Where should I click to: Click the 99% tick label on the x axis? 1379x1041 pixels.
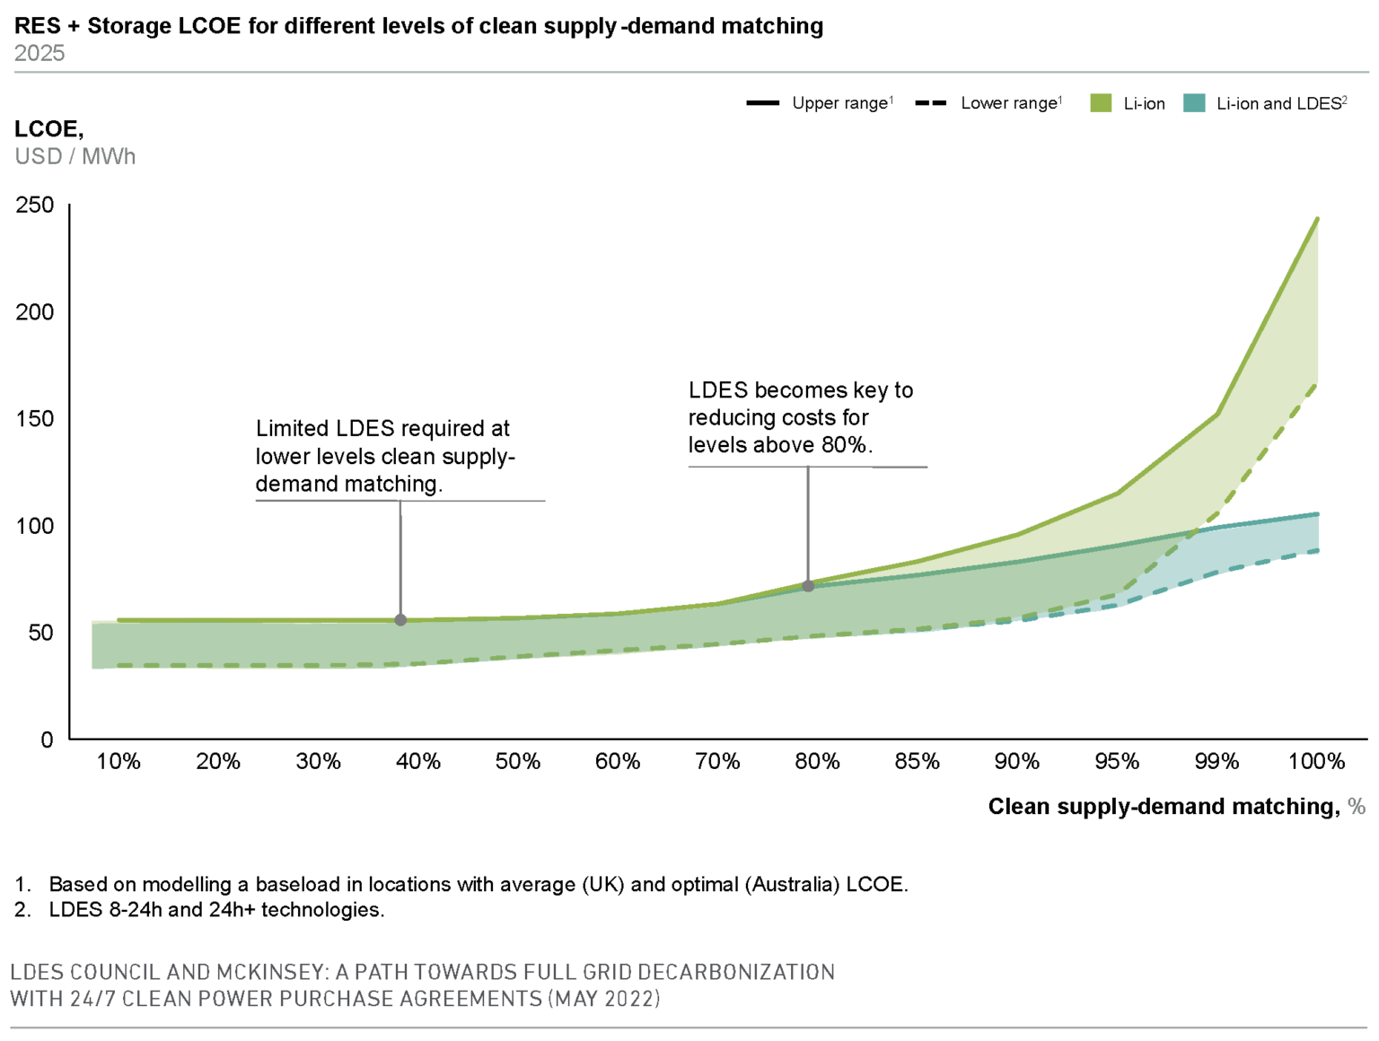1217,762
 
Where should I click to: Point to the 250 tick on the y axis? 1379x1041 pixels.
35,206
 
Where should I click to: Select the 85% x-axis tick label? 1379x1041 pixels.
917,762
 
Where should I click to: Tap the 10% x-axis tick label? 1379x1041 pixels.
119,762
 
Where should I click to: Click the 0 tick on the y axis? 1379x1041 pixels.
47,740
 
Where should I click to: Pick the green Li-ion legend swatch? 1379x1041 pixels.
1101,103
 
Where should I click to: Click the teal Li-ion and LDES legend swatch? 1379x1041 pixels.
1194,103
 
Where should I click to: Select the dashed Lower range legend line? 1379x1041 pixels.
931,103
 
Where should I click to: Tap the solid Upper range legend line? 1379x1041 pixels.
762,103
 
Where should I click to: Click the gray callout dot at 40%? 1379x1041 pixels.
400,620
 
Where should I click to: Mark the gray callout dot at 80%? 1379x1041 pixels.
808,586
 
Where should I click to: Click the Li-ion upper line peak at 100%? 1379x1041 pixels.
1317,219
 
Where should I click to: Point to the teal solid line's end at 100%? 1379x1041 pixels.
1317,514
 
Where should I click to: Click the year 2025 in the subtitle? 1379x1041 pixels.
40,53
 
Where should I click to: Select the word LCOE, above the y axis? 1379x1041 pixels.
48,129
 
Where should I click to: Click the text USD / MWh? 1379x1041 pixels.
75,156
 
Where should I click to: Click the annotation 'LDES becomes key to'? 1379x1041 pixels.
800,390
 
